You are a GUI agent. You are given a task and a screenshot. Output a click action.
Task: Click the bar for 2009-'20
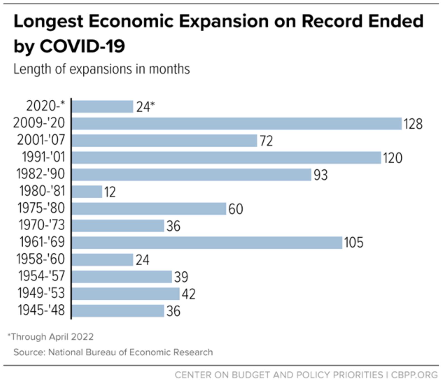(237, 124)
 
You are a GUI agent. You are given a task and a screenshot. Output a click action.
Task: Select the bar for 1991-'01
(226, 158)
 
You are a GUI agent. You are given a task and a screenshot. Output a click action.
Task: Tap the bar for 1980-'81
(87, 192)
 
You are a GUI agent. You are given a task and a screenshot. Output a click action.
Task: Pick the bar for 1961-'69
(207, 242)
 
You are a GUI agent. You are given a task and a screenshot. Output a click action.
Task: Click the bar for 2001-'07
(164, 141)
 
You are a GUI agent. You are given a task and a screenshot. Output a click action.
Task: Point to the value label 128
(413, 124)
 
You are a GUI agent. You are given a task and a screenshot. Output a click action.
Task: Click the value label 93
(321, 175)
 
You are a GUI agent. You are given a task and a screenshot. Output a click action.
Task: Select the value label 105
(354, 243)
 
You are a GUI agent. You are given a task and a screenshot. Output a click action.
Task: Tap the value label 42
(188, 294)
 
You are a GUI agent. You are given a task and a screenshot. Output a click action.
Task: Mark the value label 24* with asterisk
(145, 107)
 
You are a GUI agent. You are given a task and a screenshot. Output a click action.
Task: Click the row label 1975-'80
(41, 208)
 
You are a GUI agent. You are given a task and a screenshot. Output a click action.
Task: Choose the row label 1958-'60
(41, 259)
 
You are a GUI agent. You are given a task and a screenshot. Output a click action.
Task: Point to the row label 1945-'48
(41, 310)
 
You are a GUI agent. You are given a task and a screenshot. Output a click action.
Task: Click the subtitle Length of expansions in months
(102, 69)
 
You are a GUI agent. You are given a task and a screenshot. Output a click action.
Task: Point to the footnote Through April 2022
(51, 337)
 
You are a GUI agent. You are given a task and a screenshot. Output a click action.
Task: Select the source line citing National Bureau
(113, 352)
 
